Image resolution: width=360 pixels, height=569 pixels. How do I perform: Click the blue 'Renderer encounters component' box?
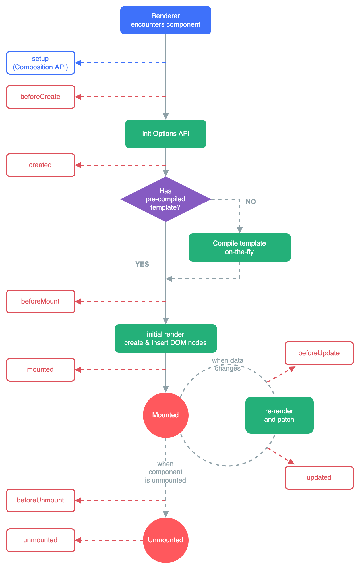(165, 20)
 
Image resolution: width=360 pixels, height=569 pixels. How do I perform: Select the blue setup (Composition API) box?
(41, 63)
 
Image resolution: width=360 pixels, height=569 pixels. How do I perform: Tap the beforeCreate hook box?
(41, 97)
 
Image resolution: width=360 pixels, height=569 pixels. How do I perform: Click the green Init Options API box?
(165, 134)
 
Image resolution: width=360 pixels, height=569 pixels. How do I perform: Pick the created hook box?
(41, 165)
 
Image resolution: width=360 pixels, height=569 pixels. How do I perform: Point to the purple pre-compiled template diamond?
(165, 199)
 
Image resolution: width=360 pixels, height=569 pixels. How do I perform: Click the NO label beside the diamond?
(251, 202)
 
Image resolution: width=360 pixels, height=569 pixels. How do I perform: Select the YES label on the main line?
(142, 264)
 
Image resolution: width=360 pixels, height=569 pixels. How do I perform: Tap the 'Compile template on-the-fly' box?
(239, 248)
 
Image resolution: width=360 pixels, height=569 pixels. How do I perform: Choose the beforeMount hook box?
(41, 302)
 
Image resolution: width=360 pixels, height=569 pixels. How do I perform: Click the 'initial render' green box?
(165, 339)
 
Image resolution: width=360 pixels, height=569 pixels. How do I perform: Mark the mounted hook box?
(41, 370)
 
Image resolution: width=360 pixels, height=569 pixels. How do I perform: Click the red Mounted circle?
(165, 415)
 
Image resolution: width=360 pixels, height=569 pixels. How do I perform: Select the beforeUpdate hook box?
(319, 353)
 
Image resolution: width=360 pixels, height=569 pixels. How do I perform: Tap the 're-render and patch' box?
(279, 415)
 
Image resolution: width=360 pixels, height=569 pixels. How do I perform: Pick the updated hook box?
(319, 478)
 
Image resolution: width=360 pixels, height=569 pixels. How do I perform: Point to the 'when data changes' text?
(227, 365)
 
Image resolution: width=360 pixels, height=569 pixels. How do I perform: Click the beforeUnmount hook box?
(41, 501)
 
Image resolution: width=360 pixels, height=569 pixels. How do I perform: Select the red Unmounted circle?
(165, 540)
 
